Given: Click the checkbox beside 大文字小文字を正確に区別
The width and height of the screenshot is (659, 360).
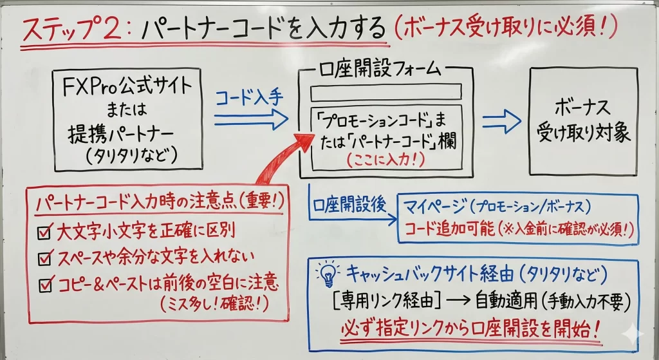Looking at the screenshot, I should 44,231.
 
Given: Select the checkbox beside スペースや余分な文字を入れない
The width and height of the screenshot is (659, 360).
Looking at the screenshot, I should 44,258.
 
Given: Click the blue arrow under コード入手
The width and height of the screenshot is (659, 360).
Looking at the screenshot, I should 251,118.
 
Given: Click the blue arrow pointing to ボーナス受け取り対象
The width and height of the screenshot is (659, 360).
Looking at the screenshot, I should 501,119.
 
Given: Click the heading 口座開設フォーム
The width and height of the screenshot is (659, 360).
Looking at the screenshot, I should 385,66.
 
